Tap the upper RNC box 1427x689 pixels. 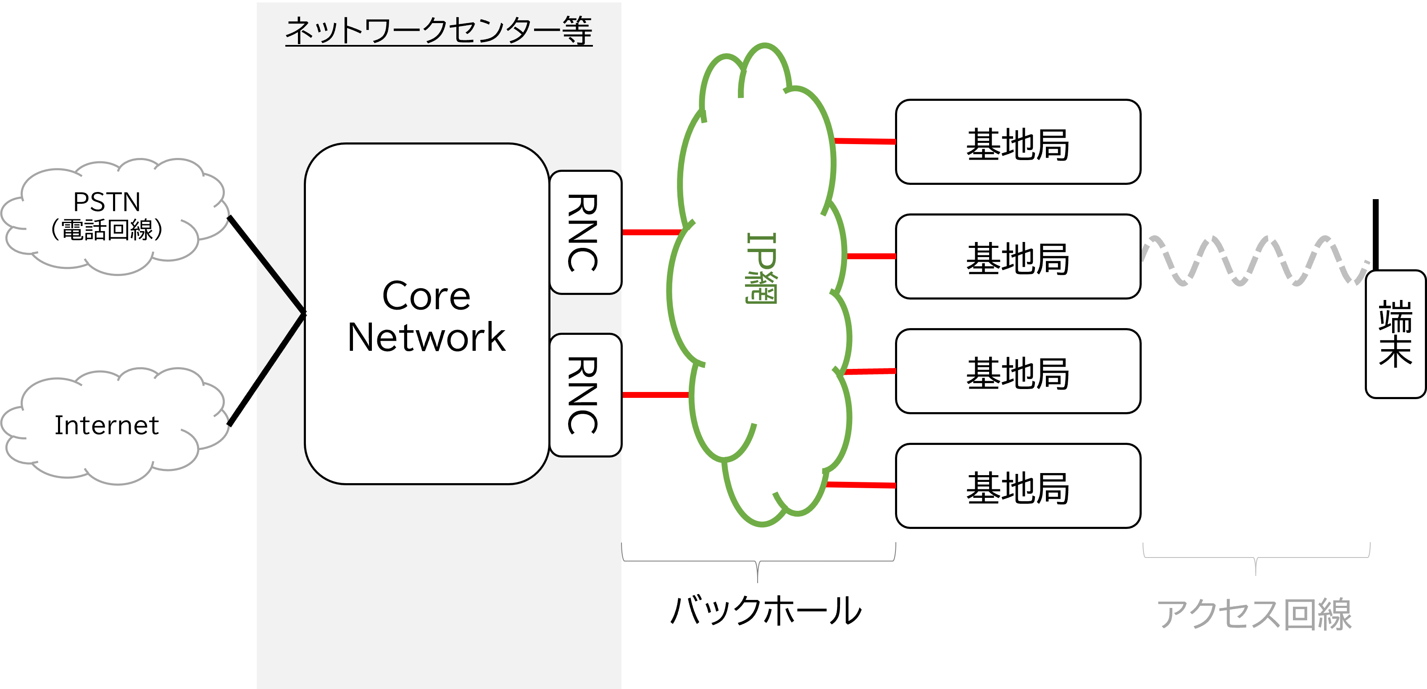point(584,233)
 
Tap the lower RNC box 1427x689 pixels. point(584,395)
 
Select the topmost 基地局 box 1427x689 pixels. point(1018,142)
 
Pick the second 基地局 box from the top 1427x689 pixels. point(1018,256)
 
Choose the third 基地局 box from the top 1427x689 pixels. point(1018,371)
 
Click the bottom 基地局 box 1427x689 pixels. point(1018,486)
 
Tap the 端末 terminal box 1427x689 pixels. point(1395,334)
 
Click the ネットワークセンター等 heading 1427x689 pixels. point(439,31)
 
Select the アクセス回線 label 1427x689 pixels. point(1255,614)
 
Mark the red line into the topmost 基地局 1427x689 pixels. point(865,142)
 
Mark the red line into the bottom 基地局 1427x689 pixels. point(861,485)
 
